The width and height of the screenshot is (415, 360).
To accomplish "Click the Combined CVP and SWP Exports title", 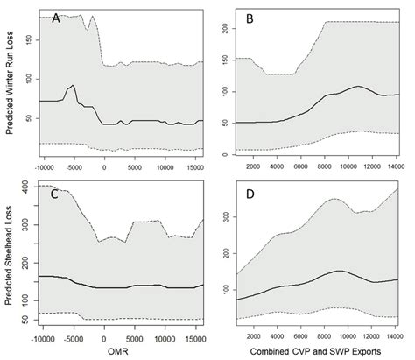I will coord(311,350).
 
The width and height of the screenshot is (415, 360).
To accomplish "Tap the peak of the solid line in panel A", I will coord(74,86).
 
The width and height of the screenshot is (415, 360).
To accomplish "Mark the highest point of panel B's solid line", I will coord(358,87).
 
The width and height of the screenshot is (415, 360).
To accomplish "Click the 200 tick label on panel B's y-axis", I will coord(225,30).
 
